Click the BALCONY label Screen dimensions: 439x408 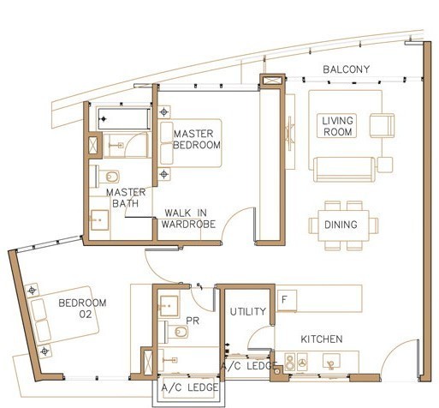[x=346, y=69]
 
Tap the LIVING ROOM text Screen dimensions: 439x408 [x=337, y=126]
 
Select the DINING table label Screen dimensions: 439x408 [x=341, y=225]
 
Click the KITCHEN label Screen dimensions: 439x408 [x=322, y=339]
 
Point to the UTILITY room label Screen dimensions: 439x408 [x=248, y=311]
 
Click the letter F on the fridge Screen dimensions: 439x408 [x=284, y=300]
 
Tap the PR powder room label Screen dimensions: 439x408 [x=193, y=321]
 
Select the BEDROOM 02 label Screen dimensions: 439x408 [x=82, y=309]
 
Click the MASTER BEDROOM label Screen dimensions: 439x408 [x=197, y=140]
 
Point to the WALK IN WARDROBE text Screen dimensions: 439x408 [x=188, y=219]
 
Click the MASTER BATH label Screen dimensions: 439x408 [x=126, y=198]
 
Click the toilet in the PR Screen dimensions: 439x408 [x=177, y=332]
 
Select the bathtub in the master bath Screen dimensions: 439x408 [x=124, y=118]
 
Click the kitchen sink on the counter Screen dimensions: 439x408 [x=331, y=362]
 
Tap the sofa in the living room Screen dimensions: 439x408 [x=344, y=170]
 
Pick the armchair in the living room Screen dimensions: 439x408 [x=383, y=125]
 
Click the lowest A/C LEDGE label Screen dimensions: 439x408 [x=189, y=387]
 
